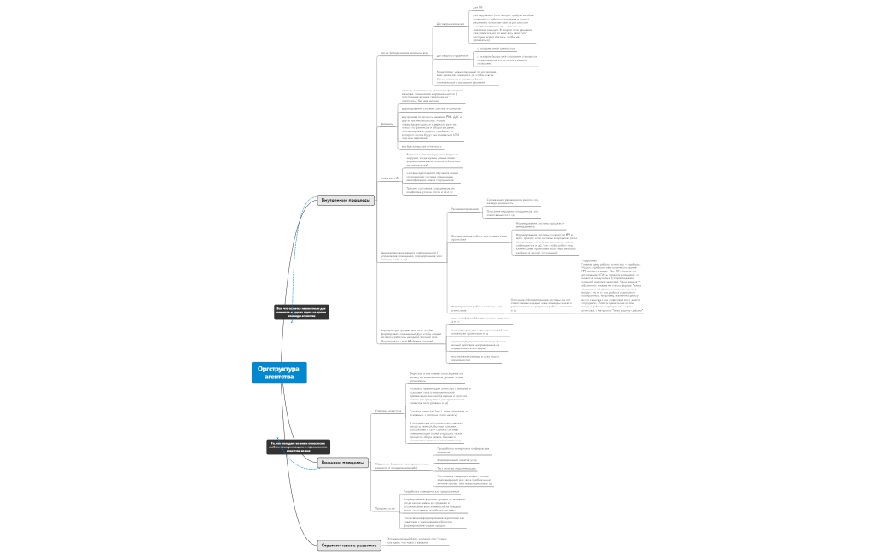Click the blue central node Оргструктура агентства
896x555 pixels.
click(x=279, y=372)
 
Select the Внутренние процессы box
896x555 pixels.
click(x=346, y=199)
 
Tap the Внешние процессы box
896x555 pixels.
click(x=344, y=462)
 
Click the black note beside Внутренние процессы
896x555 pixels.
click(x=301, y=312)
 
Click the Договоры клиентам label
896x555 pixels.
click(x=450, y=24)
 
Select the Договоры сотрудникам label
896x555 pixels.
click(x=453, y=55)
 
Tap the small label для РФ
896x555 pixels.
click(x=477, y=7)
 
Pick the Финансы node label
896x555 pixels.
click(x=387, y=124)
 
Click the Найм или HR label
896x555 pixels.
click(x=389, y=178)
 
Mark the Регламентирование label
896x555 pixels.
click(x=464, y=208)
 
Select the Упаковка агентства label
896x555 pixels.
click(x=388, y=411)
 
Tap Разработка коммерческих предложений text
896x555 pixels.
click(x=439, y=492)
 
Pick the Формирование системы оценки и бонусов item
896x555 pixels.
click(x=431, y=109)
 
